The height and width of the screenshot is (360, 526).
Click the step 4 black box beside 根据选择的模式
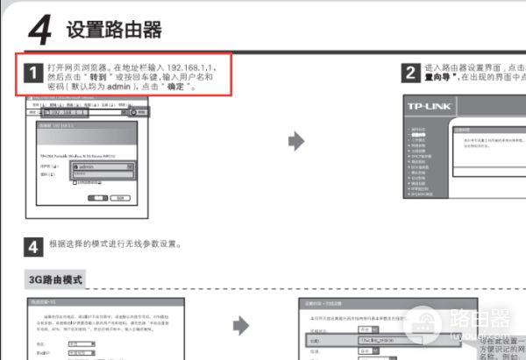coord(32,246)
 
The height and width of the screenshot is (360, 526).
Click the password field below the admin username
coord(102,175)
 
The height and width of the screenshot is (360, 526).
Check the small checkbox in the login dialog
coord(75,183)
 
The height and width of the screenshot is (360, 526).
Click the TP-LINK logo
coord(429,106)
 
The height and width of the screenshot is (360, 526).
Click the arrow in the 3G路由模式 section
coord(241,326)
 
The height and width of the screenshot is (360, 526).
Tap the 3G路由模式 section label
coord(53,280)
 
